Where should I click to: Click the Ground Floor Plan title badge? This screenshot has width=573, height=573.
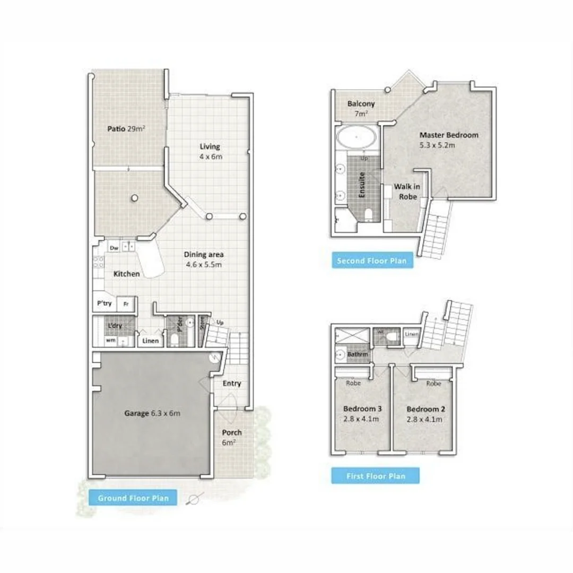point(133,498)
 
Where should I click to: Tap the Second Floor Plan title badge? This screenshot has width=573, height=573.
point(372,261)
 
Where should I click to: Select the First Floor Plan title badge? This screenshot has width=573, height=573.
point(375,476)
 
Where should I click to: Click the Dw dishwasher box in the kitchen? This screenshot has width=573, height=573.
point(114,247)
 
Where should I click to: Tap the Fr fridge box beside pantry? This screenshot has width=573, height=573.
point(126,304)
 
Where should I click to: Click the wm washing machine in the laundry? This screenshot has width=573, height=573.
point(111,341)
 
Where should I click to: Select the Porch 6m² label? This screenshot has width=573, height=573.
point(231,437)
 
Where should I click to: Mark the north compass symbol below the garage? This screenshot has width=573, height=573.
point(194,499)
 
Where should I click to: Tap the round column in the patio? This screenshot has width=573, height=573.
point(135,198)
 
